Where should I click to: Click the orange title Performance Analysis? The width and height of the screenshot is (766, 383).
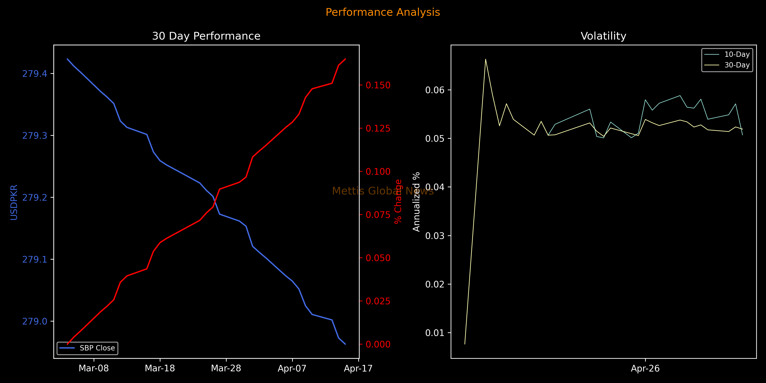[383, 12]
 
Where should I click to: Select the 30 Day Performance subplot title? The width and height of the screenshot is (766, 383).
[206, 36]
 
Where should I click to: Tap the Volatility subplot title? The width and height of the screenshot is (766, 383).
[603, 36]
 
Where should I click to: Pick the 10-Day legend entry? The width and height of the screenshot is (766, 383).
[737, 54]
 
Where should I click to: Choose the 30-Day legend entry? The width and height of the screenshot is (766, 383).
[737, 65]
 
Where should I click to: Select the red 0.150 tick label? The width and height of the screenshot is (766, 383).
[378, 85]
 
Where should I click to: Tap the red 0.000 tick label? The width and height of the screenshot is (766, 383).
[378, 344]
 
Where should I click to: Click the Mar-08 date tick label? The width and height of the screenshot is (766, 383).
[94, 369]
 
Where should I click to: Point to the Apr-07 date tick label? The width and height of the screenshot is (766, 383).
[292, 369]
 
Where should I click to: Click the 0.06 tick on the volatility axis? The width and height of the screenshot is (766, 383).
[434, 90]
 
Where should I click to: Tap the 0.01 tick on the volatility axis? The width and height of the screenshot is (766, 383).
[434, 333]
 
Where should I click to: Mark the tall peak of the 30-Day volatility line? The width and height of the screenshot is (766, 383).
[486, 59]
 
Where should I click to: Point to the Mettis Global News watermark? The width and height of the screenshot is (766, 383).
[383, 191]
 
